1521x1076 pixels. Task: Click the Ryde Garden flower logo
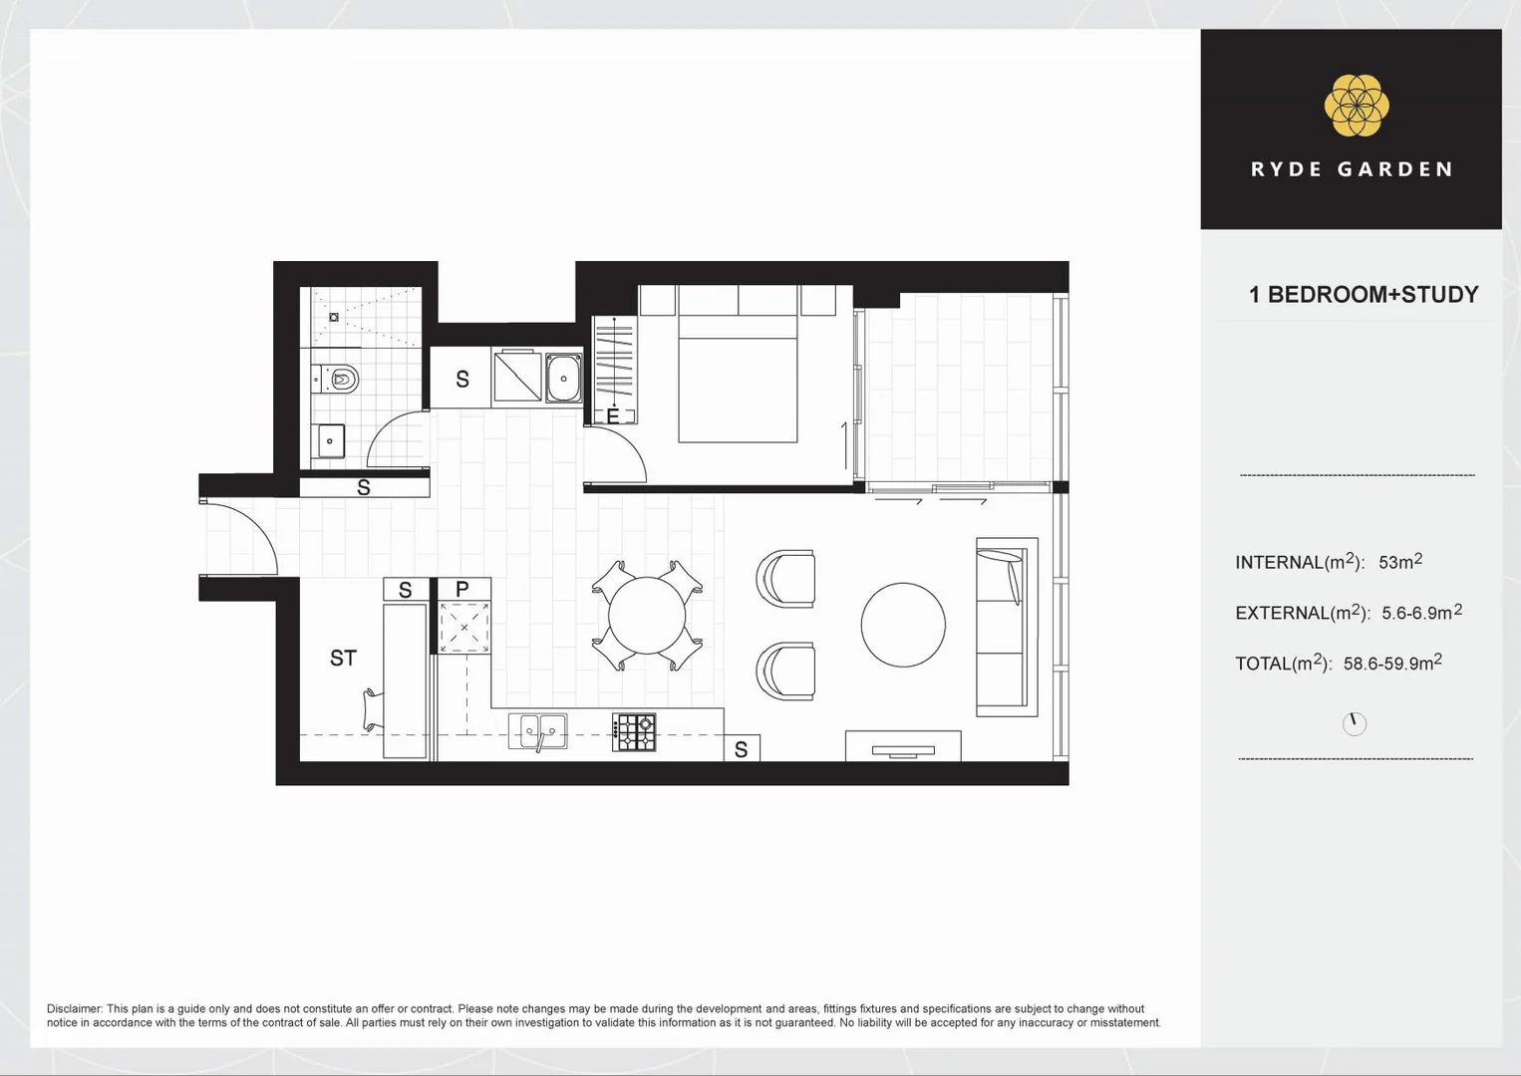(1356, 106)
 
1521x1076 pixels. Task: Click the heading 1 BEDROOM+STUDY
(1363, 295)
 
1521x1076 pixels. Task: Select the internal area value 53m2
(1400, 562)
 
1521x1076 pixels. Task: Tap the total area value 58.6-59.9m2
(1391, 664)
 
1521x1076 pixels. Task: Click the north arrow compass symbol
(1354, 723)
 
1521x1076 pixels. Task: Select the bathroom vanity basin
(329, 440)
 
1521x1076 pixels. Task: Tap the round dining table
(647, 616)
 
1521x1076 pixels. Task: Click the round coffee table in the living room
(903, 625)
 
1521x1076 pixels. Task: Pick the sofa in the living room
(1005, 627)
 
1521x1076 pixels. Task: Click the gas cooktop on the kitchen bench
(634, 732)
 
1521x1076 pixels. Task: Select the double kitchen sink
(538, 731)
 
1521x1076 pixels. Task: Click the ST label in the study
(343, 659)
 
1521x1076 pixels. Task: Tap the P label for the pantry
(462, 590)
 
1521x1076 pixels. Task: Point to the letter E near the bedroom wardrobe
(613, 416)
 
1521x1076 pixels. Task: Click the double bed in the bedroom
(738, 374)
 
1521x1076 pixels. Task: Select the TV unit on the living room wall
(903, 746)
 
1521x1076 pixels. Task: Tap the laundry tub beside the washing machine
(563, 378)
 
